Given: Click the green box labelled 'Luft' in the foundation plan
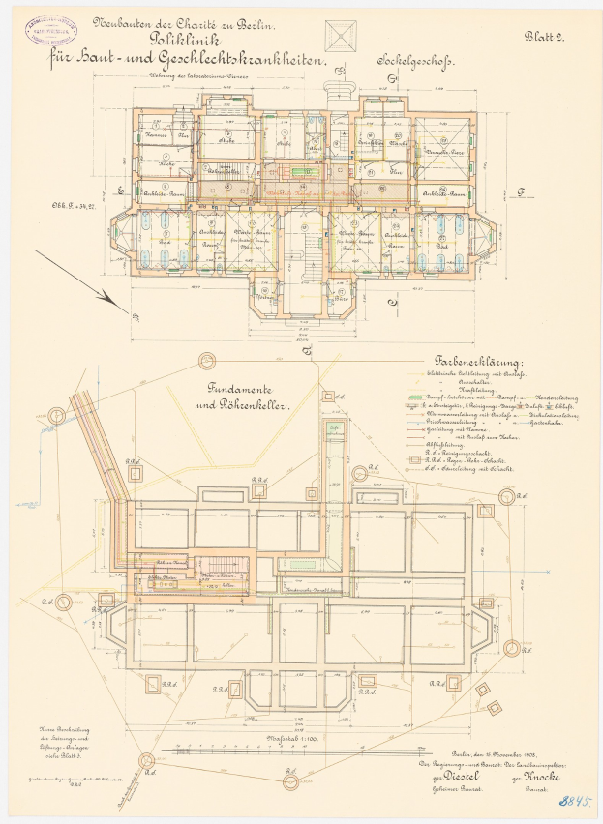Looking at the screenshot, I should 333,428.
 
